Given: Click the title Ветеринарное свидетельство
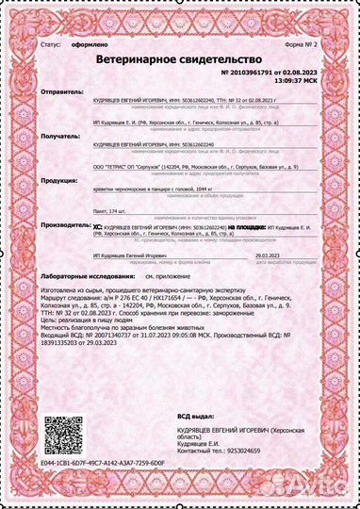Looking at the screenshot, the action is pos(178,58).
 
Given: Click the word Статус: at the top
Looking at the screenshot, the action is pos(52,43).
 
